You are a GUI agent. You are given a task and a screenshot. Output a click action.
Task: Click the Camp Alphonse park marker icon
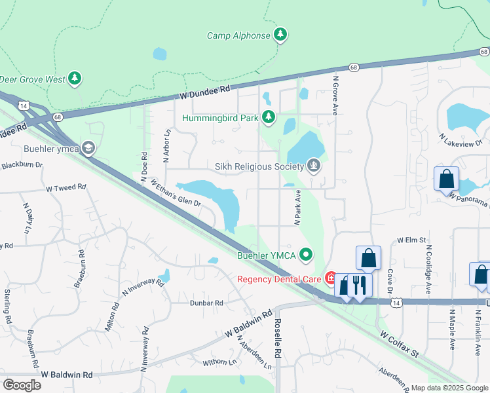280,35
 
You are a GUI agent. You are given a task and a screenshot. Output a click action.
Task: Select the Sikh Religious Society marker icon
314,166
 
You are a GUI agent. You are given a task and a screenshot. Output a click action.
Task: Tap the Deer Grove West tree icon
75,79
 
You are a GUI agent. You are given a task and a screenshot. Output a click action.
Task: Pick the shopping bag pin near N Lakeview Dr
446,179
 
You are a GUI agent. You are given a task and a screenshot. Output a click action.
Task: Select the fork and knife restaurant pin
358,285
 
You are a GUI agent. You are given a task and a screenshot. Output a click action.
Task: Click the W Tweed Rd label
66,187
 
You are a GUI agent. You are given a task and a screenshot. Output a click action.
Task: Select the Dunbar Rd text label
207,303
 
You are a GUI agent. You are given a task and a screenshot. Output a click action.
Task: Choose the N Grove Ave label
335,96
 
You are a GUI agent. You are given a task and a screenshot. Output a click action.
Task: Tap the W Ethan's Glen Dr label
175,193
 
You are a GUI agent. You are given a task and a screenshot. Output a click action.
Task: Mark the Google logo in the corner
22,384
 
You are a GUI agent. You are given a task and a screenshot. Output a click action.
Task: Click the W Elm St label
411,240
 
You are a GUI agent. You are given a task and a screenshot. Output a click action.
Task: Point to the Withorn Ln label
219,361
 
